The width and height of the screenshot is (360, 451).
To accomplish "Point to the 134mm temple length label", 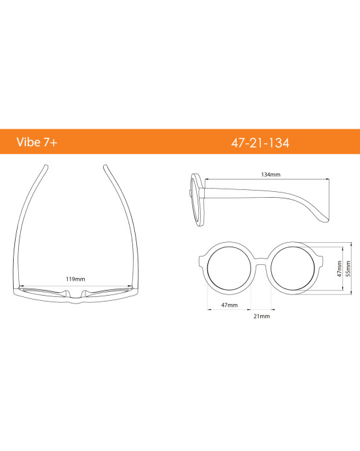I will click(270, 175).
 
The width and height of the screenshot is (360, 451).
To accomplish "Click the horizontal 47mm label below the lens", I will click(229, 305).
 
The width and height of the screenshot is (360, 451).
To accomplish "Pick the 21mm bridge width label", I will click(262, 316).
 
